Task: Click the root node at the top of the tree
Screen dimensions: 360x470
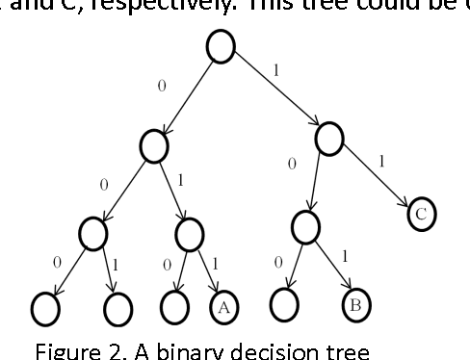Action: tap(222, 47)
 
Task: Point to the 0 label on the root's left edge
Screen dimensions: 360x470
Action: tap(161, 87)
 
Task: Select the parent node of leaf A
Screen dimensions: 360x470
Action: tap(189, 232)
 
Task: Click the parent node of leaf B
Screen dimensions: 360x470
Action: tap(304, 227)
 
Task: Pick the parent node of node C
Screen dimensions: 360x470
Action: tap(329, 134)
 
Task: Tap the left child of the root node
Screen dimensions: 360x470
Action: tap(153, 146)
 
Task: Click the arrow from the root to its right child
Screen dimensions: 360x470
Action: tap(277, 90)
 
